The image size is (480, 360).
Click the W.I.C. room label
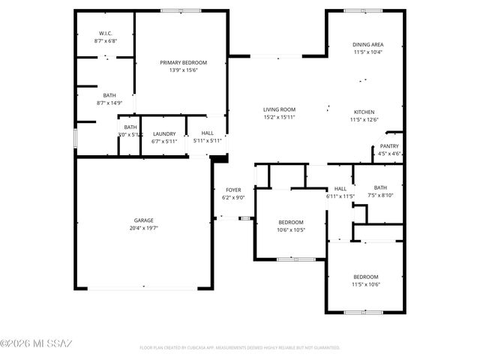click(105, 33)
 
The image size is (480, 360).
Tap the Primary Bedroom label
click(183, 62)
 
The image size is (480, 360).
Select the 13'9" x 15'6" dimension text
click(183, 70)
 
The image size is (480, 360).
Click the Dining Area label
click(367, 45)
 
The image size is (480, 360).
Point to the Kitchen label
click(364, 112)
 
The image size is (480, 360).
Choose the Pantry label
click(389, 146)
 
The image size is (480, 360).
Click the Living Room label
click(279, 109)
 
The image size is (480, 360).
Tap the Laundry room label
click(163, 133)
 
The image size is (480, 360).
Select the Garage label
click(143, 220)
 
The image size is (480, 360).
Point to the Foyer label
click(233, 190)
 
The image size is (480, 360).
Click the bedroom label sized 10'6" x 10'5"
click(291, 222)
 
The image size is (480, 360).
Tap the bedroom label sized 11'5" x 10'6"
click(366, 277)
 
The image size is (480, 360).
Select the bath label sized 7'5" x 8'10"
click(380, 187)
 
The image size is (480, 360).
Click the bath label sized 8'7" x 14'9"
click(109, 95)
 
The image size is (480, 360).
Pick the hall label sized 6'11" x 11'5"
click(340, 188)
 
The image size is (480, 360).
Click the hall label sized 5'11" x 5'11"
click(207, 133)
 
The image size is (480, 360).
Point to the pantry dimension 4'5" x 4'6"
click(389, 154)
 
